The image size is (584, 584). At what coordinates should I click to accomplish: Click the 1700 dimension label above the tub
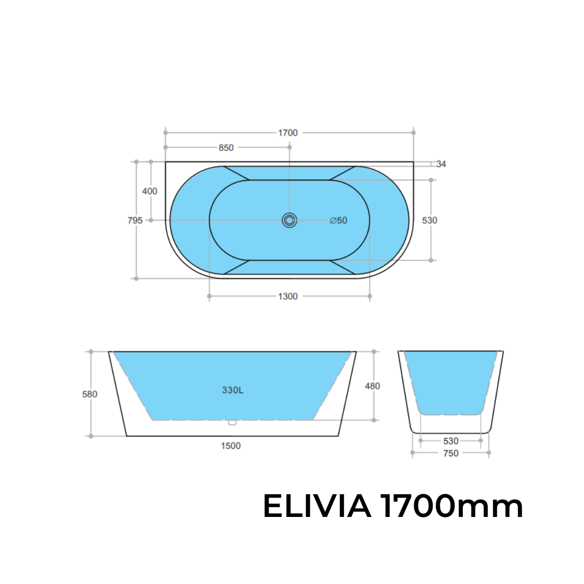(x=289, y=133)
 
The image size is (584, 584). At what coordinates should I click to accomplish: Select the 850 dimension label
(x=226, y=148)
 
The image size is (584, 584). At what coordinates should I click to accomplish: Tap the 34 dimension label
(x=441, y=164)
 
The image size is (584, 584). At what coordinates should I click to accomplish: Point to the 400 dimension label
(x=149, y=191)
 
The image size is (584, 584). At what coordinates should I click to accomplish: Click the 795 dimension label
(x=135, y=221)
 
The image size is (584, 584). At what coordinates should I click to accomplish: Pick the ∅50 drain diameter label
(x=339, y=221)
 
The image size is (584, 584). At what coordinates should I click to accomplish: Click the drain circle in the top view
(x=289, y=220)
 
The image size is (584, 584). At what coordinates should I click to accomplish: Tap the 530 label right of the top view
(x=429, y=221)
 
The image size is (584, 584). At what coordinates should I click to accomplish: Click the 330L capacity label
(x=233, y=390)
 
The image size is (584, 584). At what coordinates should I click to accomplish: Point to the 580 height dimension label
(x=90, y=395)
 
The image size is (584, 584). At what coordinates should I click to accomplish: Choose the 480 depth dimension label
(x=373, y=386)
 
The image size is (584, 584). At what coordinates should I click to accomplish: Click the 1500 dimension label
(x=231, y=446)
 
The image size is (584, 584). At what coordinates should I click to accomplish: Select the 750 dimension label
(x=450, y=454)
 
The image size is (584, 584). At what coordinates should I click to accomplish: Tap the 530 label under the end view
(x=450, y=441)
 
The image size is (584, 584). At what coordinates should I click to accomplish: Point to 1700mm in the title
(x=451, y=507)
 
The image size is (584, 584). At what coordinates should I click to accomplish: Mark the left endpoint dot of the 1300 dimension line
(x=209, y=296)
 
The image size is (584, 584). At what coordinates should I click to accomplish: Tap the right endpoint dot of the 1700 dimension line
(x=414, y=132)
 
